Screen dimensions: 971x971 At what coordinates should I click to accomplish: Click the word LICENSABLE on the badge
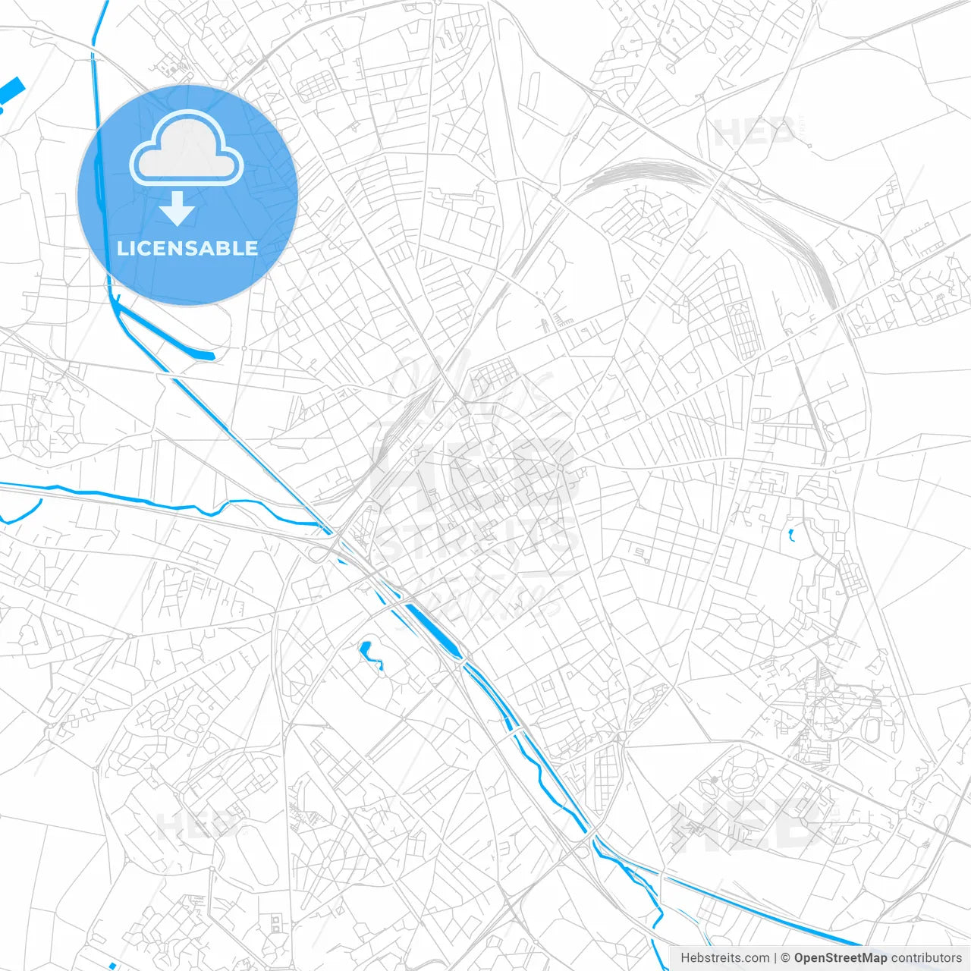click(x=187, y=248)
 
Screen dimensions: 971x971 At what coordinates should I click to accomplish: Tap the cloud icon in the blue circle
click(x=187, y=148)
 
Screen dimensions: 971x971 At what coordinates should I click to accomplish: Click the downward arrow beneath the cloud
click(x=178, y=209)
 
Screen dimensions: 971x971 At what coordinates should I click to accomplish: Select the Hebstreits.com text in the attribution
click(x=724, y=958)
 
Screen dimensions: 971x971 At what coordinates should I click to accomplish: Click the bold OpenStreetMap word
click(x=840, y=958)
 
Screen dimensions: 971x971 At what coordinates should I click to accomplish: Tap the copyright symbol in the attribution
click(x=786, y=958)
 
